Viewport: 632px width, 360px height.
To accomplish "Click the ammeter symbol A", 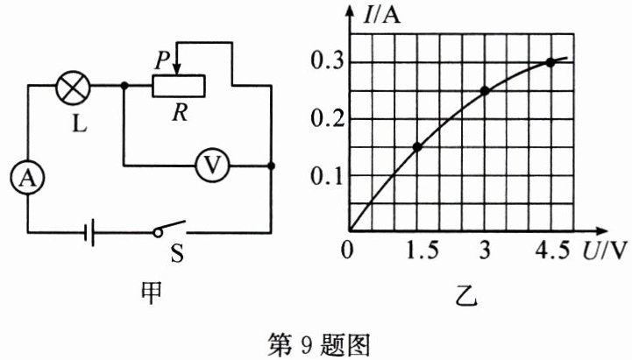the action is pyautogui.click(x=29, y=179).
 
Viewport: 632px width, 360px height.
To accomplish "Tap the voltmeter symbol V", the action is pyautogui.click(x=210, y=165).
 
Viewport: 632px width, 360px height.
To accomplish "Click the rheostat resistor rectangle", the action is pyautogui.click(x=179, y=86).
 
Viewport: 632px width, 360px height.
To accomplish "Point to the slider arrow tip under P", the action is pyautogui.click(x=176, y=74).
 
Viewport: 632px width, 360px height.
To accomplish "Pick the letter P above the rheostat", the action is pyautogui.click(x=161, y=60).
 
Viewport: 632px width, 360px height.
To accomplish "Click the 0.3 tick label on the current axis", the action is pyautogui.click(x=325, y=62).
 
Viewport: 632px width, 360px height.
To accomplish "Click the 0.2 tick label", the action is pyautogui.click(x=325, y=119).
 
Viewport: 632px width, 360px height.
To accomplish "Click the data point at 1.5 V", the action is pyautogui.click(x=417, y=146).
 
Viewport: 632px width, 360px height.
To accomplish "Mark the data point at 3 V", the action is pyautogui.click(x=484, y=90).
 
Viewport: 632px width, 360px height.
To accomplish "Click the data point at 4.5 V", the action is pyautogui.click(x=550, y=62).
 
